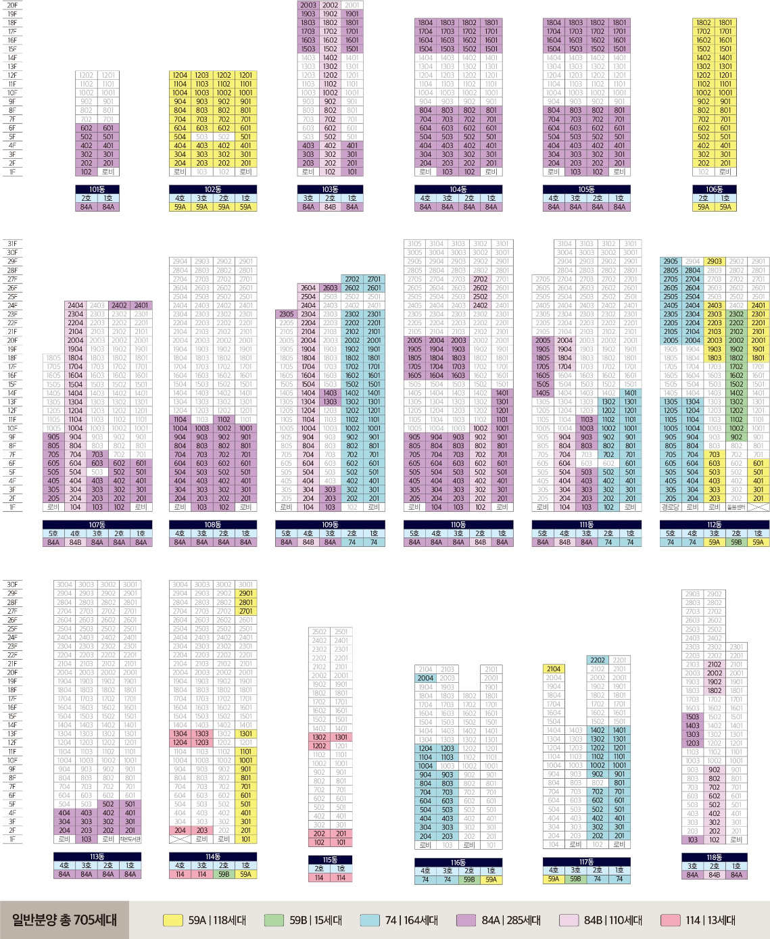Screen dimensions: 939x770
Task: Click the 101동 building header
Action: (97, 189)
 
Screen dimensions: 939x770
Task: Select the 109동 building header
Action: (330, 525)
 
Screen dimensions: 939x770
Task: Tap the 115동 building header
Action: (330, 860)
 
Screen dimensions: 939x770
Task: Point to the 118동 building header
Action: (715, 857)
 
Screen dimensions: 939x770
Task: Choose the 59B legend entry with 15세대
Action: (303, 920)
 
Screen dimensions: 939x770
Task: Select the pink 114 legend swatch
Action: (670, 920)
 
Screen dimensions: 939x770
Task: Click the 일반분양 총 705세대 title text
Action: (64, 920)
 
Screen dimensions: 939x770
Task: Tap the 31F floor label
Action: (12, 244)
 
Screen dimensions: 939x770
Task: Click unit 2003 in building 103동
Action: (308, 5)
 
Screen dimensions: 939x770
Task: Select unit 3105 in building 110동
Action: (414, 244)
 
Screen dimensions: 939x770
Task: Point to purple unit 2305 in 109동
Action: (287, 314)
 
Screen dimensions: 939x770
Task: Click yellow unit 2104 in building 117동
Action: (554, 669)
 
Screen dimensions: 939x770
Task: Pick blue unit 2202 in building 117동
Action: (598, 660)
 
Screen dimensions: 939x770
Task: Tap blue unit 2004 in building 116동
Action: (425, 677)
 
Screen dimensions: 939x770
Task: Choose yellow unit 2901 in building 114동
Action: (245, 594)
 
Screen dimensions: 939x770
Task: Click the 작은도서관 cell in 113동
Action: (130, 839)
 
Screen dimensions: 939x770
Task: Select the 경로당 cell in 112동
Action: (671, 507)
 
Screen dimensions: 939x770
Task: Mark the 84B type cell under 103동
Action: (330, 207)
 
